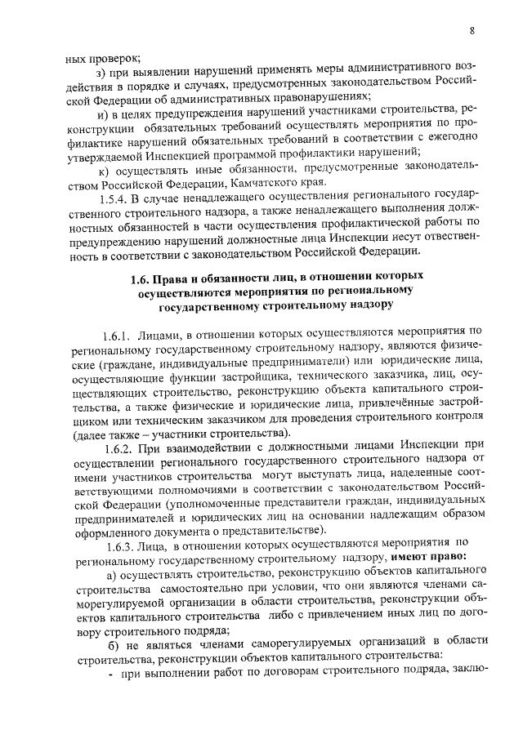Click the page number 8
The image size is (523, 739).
tap(472, 31)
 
